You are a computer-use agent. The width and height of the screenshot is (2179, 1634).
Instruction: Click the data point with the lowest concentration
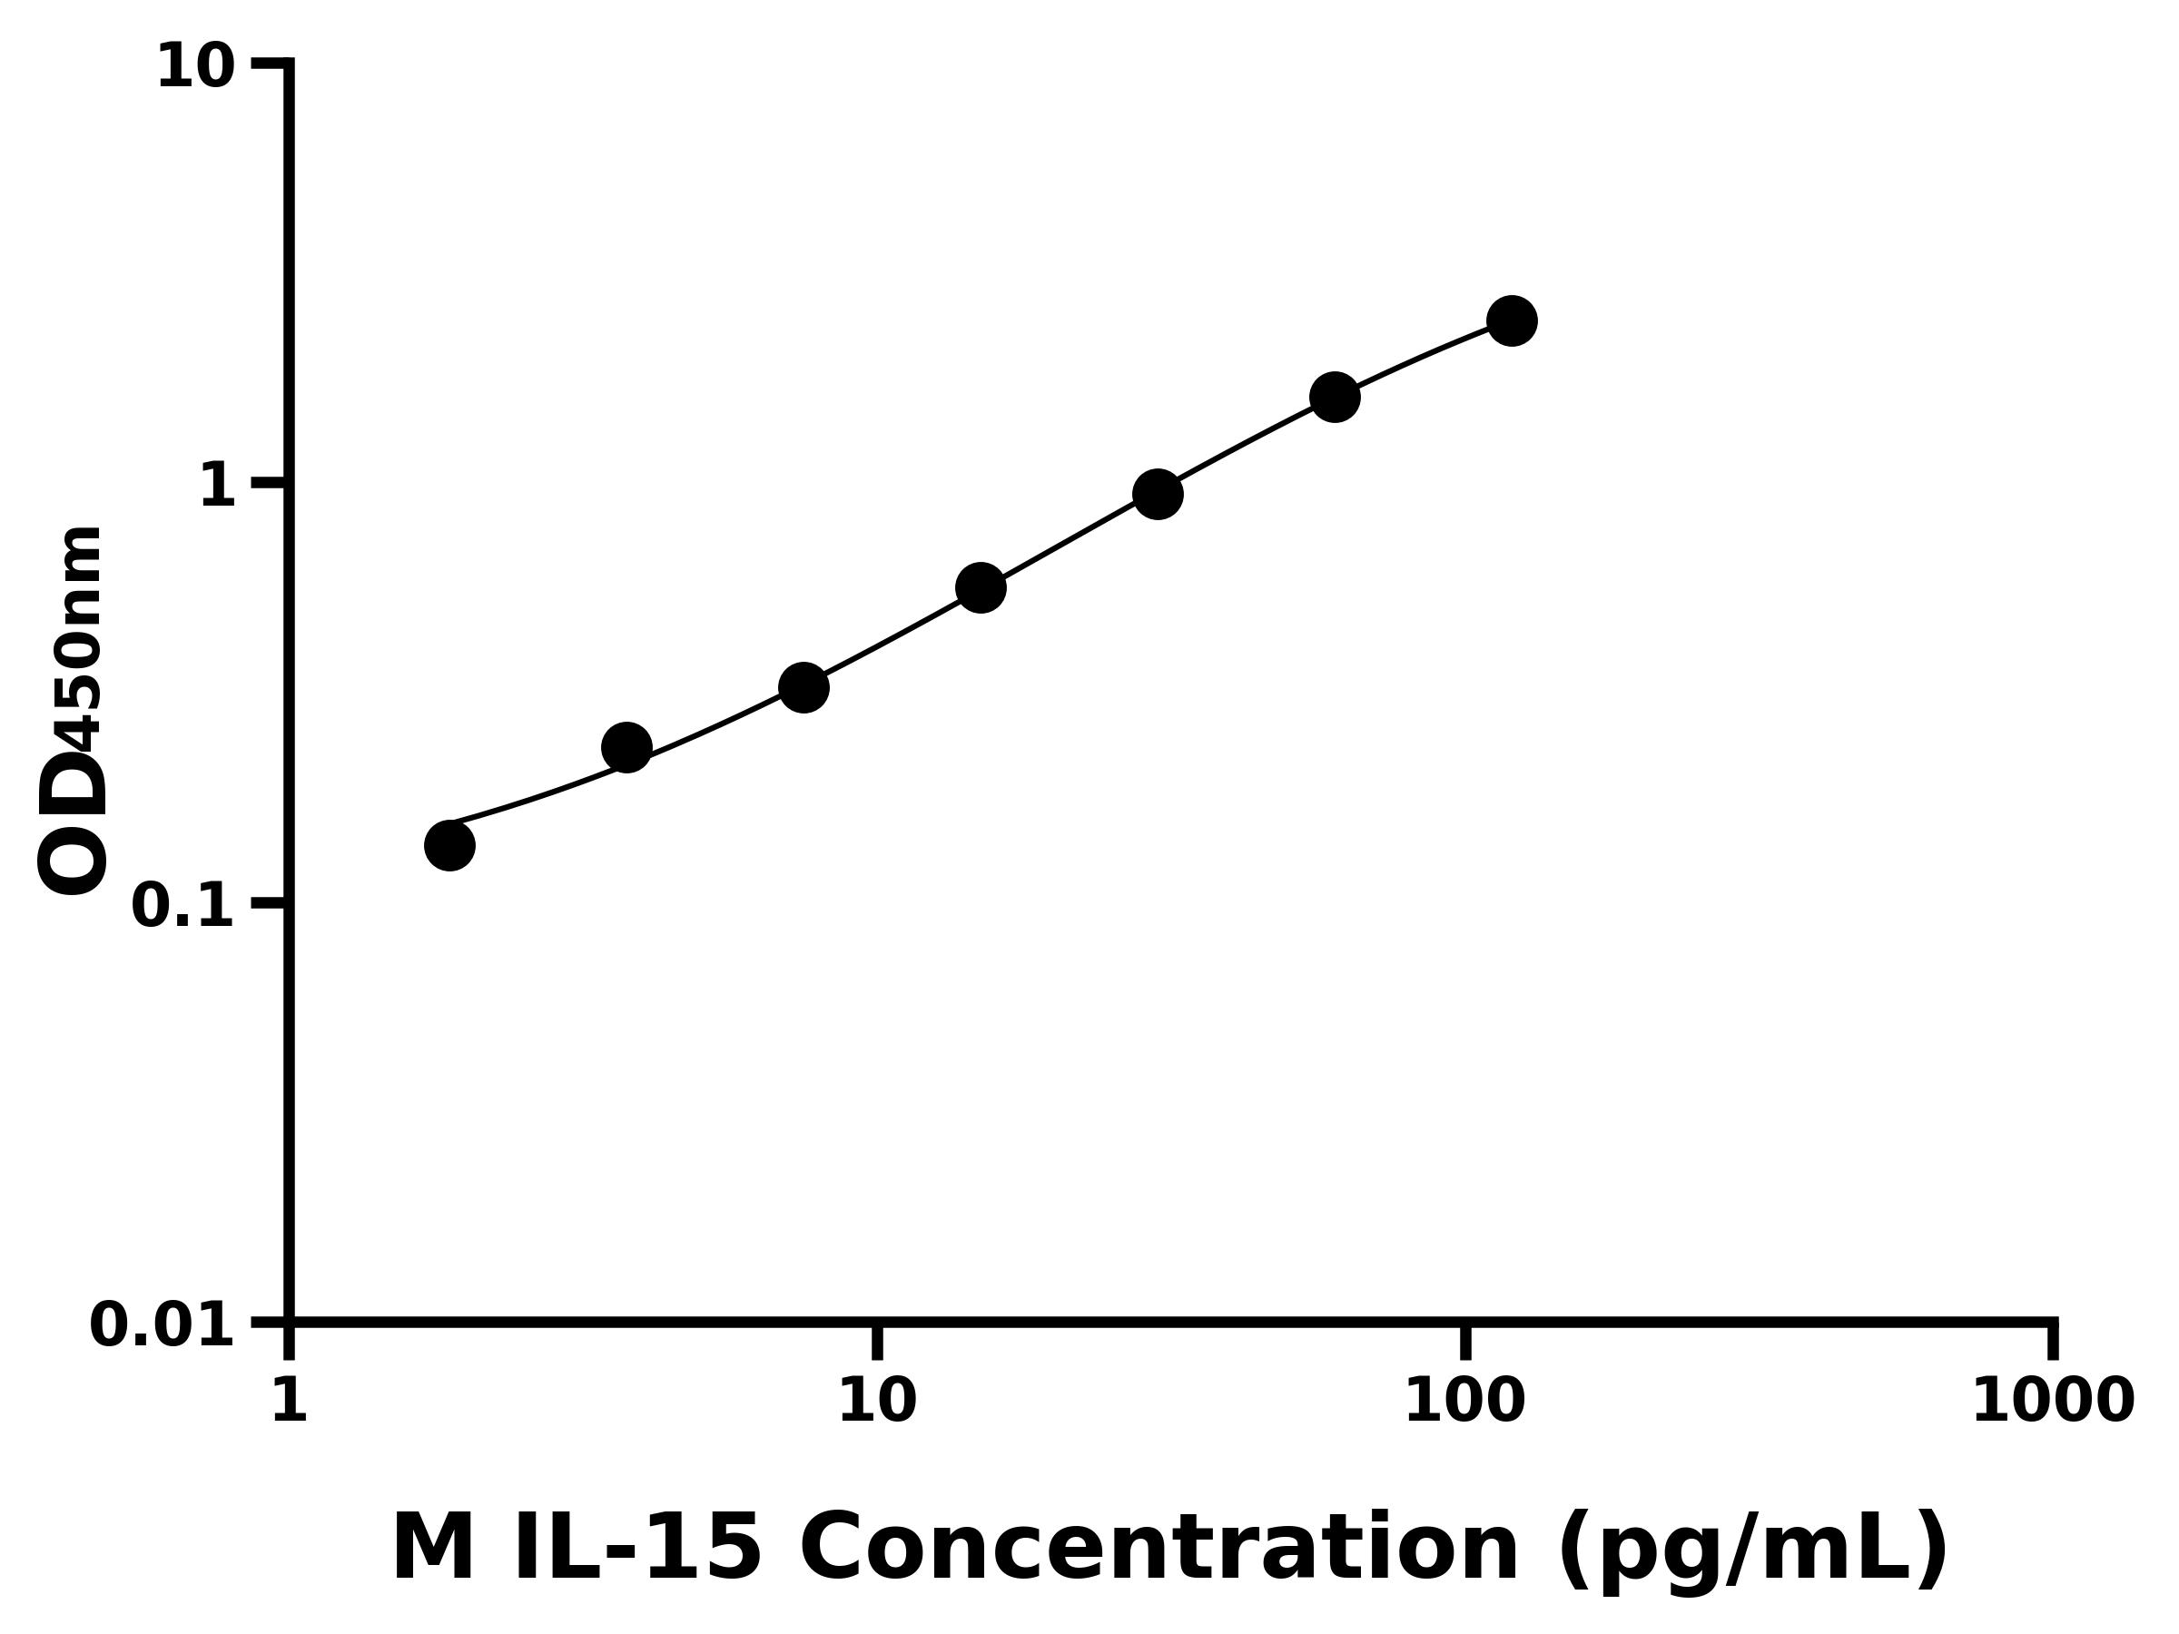tap(449, 845)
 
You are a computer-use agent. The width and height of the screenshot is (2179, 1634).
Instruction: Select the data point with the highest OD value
tap(1511, 320)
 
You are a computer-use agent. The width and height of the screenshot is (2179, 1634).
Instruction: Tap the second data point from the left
tap(626, 748)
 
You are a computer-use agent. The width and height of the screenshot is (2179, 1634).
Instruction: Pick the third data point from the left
tap(803, 686)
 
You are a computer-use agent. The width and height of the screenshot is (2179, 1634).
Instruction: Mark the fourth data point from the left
tap(981, 587)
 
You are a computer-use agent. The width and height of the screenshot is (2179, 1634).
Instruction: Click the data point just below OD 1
tap(1158, 494)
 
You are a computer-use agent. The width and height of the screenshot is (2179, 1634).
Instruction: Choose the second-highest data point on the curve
tap(1334, 396)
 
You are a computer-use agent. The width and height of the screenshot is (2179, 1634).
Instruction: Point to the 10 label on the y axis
tap(196, 68)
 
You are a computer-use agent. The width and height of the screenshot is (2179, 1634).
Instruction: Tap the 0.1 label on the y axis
tap(183, 905)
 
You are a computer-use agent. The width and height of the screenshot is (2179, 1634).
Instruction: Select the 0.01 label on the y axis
tap(163, 1324)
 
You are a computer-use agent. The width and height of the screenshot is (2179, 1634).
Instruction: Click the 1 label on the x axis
tap(289, 1400)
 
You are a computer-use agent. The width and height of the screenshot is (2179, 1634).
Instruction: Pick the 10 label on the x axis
tap(877, 1400)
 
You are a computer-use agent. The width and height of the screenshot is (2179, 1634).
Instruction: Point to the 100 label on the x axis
tap(1464, 1400)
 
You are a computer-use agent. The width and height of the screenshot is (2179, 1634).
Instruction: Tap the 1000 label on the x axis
tap(2052, 1400)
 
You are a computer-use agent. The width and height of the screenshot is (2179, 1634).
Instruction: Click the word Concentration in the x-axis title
tap(1159, 1549)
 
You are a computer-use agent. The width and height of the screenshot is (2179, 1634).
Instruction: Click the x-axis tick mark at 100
tap(1464, 1342)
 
